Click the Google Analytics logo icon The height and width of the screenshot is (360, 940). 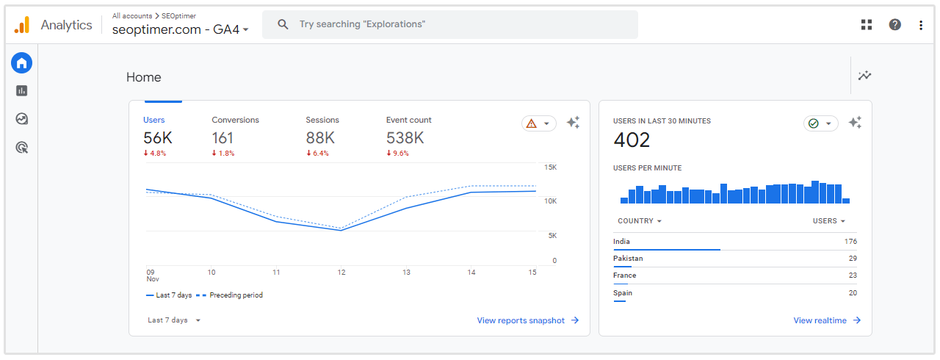click(x=22, y=25)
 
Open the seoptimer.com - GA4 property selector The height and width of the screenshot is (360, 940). click(x=180, y=29)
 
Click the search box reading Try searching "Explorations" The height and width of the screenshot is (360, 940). click(x=449, y=24)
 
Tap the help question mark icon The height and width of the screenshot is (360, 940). click(x=894, y=24)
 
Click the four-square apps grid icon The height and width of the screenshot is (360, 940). click(x=867, y=24)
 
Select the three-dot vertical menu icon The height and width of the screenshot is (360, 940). click(x=921, y=25)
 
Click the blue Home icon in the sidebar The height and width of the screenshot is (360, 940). click(x=22, y=62)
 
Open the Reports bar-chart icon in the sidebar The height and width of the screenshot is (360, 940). click(x=22, y=90)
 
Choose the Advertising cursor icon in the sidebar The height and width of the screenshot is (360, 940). click(x=22, y=148)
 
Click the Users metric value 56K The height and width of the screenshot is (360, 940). click(x=158, y=137)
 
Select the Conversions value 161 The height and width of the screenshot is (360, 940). click(x=223, y=137)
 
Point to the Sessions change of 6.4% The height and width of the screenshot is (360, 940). click(x=318, y=154)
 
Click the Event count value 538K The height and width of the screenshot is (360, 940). click(x=405, y=137)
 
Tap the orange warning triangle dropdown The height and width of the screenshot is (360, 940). click(x=538, y=123)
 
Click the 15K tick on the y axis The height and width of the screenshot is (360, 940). click(x=549, y=168)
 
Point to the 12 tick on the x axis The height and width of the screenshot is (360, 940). click(x=341, y=273)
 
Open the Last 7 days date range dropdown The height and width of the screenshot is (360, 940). click(x=174, y=320)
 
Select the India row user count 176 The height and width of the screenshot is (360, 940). click(x=850, y=242)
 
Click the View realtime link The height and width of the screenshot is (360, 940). click(x=826, y=320)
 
